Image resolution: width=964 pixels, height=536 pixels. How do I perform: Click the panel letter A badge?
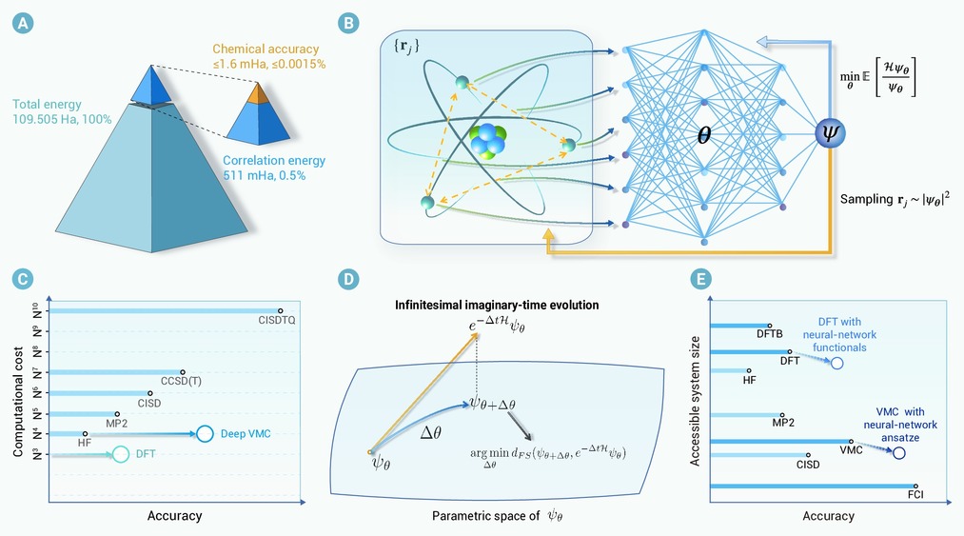point(23,24)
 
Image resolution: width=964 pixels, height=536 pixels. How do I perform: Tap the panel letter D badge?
point(348,279)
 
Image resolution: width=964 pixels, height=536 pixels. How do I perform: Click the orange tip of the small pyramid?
point(258,92)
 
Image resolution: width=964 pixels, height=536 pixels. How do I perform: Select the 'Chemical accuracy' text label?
point(266,50)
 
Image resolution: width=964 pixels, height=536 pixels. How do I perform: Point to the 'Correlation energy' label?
point(274,161)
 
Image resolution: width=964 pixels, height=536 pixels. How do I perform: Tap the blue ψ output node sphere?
point(830,133)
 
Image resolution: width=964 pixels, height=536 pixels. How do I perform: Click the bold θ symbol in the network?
point(704,135)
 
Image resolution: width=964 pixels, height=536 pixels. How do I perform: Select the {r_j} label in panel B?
point(405,46)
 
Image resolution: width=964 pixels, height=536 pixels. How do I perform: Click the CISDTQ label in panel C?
point(277,320)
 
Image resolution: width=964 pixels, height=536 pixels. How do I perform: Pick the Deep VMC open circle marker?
point(205,434)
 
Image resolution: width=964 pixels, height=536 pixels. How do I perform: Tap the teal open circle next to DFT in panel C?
point(121,455)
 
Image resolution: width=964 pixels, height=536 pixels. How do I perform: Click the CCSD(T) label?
point(181,382)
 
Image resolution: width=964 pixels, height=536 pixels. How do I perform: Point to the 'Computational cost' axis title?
point(18,402)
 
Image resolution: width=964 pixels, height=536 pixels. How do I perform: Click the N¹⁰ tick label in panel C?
point(37,310)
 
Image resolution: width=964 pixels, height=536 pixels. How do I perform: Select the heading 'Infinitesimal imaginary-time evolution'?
point(497,306)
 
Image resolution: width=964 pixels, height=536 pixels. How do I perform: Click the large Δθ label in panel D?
point(430,432)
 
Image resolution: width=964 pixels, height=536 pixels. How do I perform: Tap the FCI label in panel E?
point(915,495)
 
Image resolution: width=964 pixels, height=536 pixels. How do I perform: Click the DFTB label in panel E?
point(770,334)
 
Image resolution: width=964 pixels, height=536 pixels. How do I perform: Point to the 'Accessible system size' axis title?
point(696,401)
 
